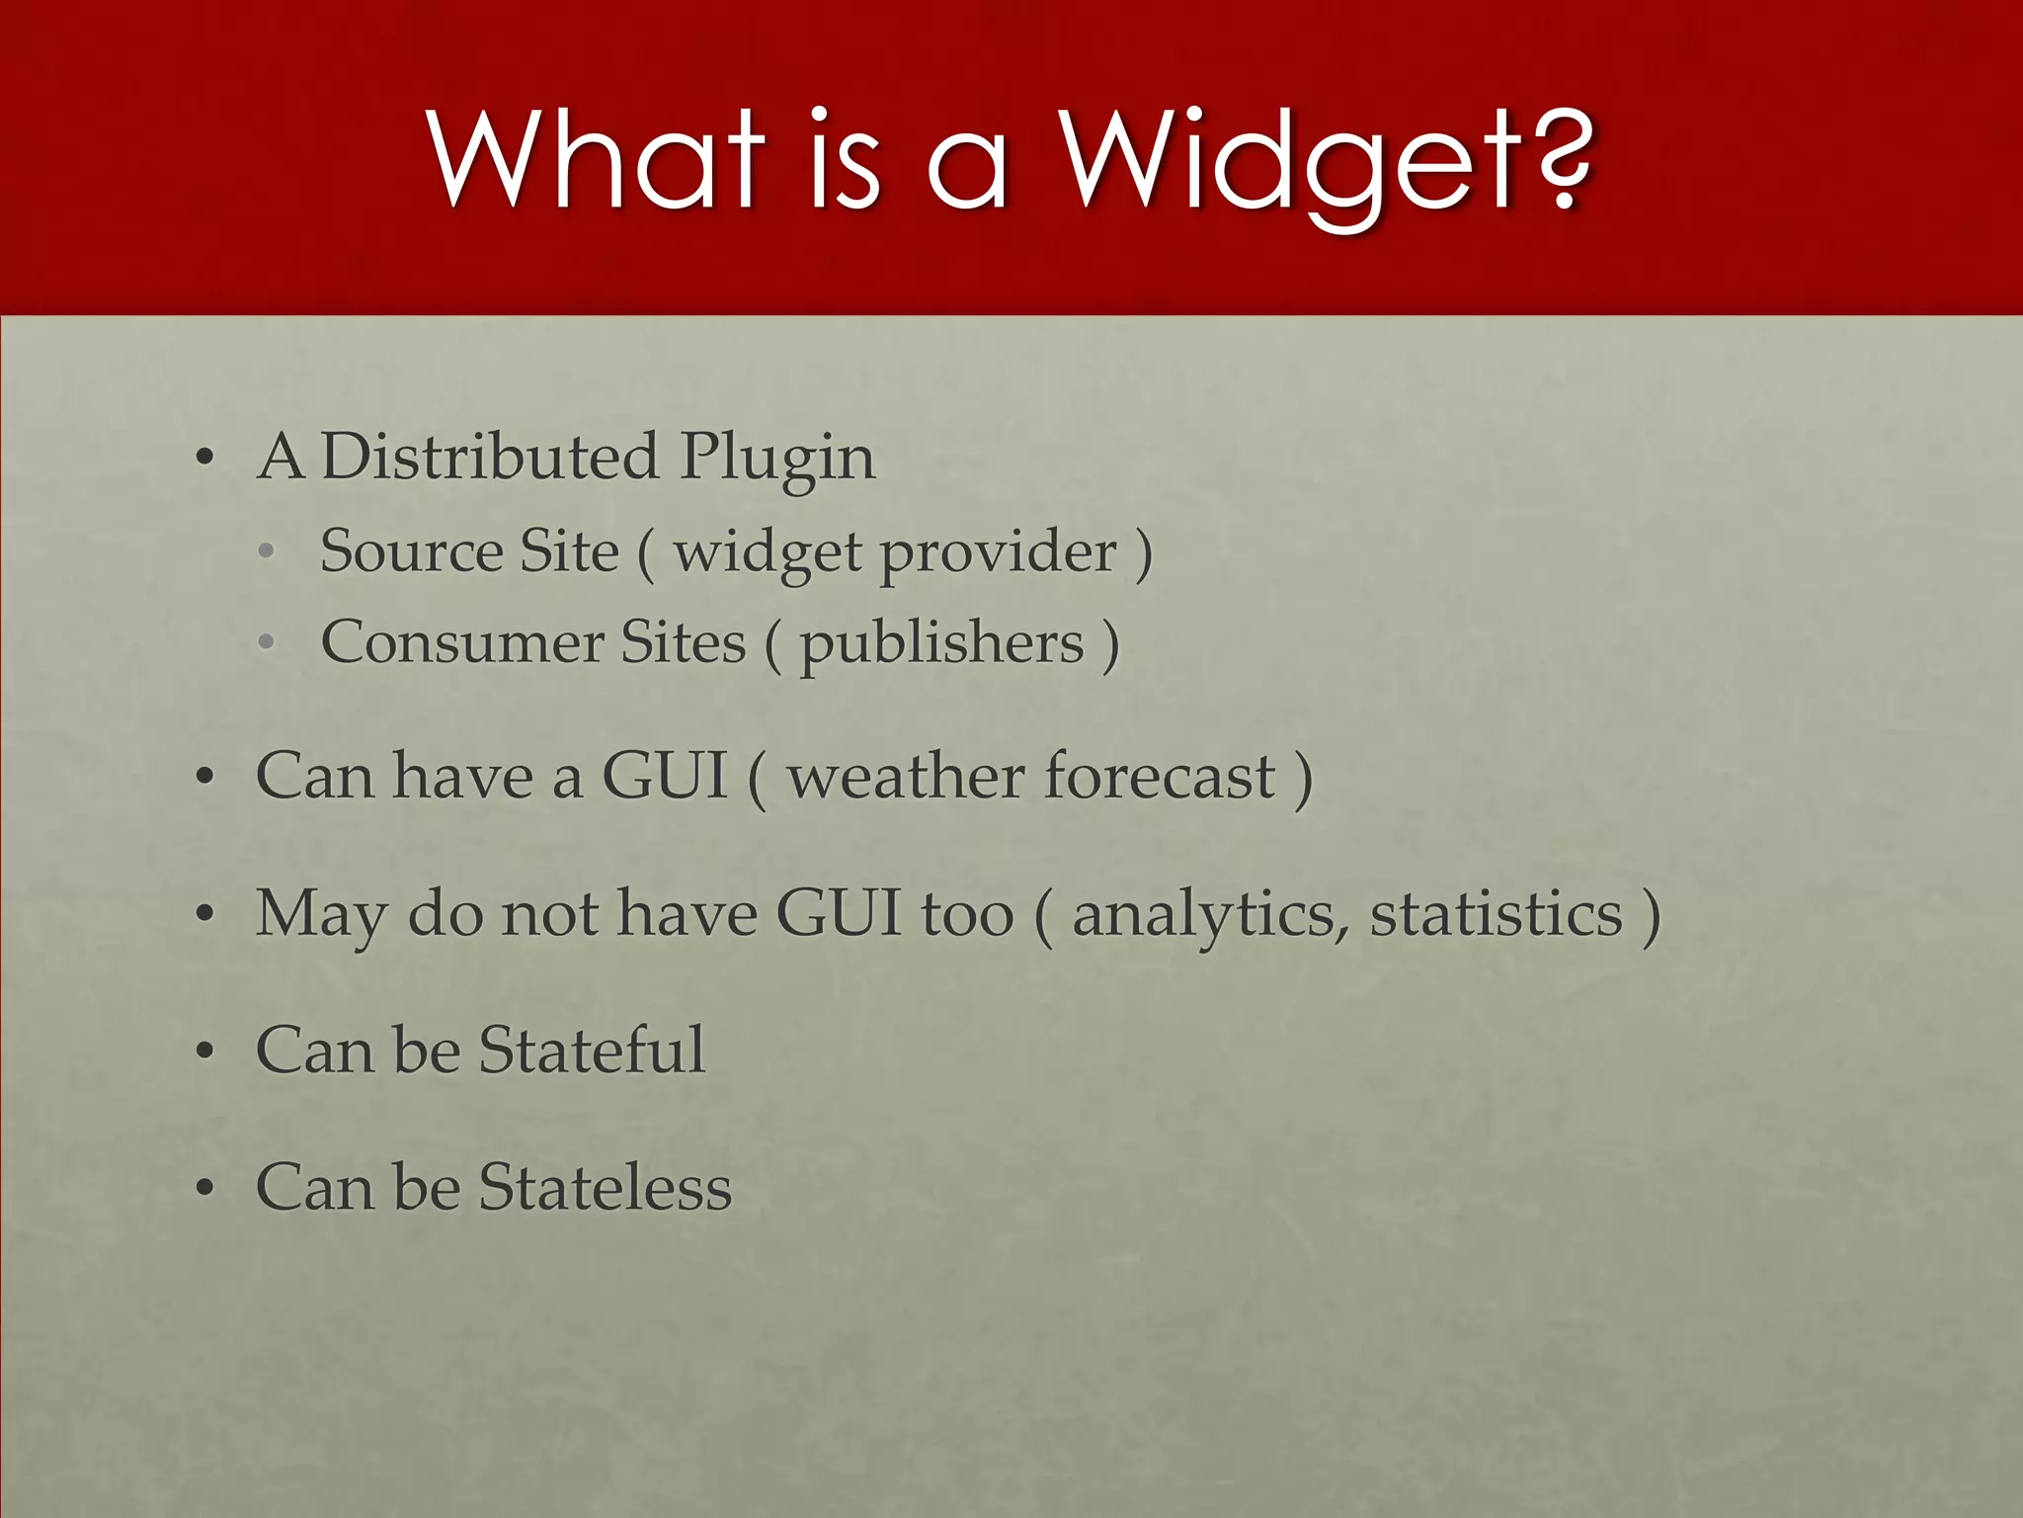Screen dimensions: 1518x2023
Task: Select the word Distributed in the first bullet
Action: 490,458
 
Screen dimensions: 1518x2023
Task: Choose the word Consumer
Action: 461,642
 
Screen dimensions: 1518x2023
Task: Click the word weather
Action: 907,777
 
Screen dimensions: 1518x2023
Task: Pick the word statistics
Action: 1496,914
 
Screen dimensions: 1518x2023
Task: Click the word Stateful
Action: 592,1050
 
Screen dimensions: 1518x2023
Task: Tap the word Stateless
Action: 605,1187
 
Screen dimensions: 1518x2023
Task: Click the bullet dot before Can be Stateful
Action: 204,1052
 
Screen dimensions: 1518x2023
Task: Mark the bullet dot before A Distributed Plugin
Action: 204,459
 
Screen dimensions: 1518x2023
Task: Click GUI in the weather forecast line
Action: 665,776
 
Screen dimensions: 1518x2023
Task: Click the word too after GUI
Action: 967,914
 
